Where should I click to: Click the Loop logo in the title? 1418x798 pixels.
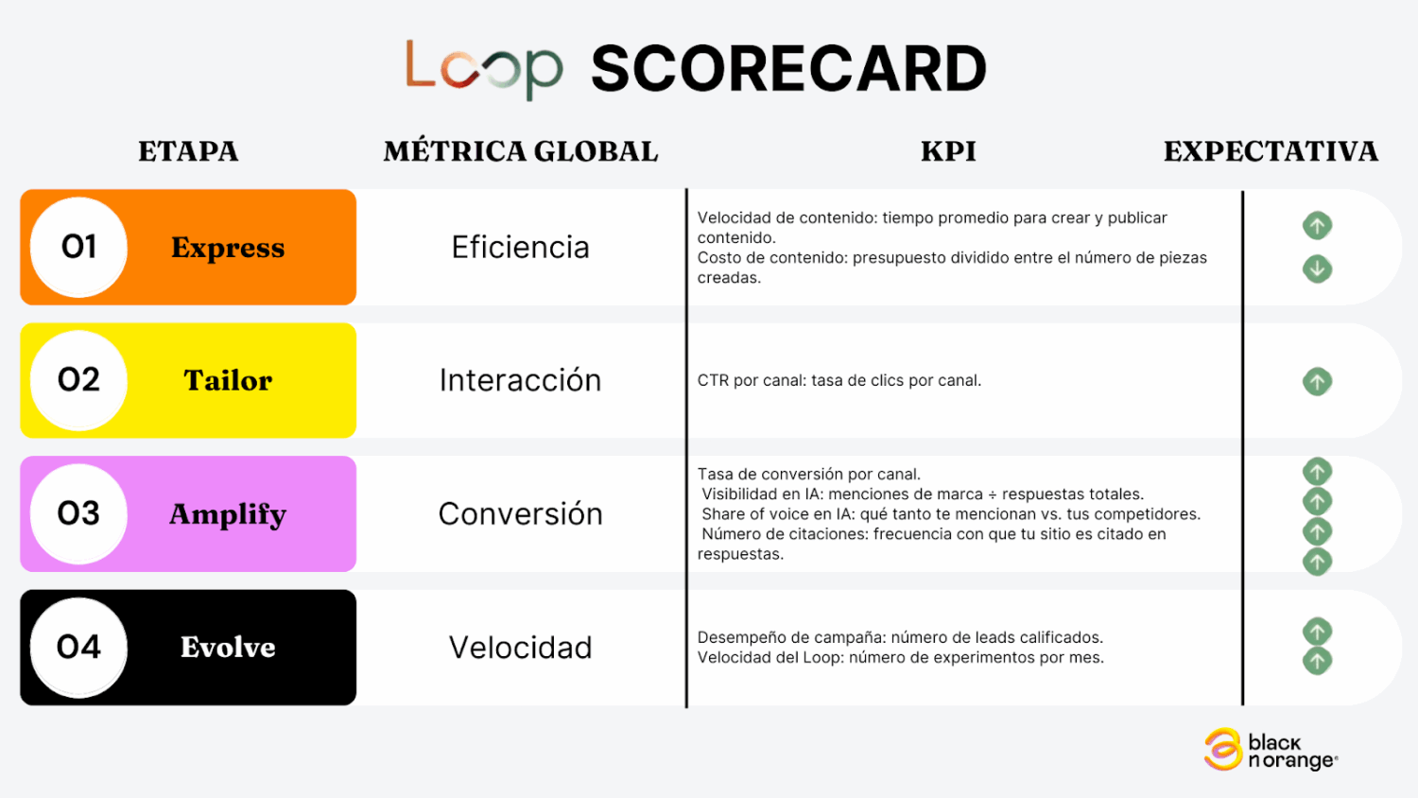pos(484,70)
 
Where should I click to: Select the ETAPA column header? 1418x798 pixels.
pos(189,151)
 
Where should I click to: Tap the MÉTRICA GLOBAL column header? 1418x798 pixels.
pos(520,151)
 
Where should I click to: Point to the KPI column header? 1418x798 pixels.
pos(948,151)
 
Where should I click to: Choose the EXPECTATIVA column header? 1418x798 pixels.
pos(1271,151)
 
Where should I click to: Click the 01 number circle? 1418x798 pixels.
pos(78,247)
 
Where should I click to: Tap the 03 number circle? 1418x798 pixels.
pos(78,513)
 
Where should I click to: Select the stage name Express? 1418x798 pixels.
pos(228,248)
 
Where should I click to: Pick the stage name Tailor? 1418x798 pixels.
pos(228,381)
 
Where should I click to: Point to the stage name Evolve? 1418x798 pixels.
pos(228,648)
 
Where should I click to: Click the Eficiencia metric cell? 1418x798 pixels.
pos(520,247)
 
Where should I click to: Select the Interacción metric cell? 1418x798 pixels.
pos(520,380)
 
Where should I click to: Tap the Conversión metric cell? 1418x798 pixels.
pos(520,513)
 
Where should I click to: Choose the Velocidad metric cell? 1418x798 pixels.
pos(520,648)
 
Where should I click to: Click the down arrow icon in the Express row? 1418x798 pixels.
pos(1318,269)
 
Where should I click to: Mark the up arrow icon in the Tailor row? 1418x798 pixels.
pos(1318,382)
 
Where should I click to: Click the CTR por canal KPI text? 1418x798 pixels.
pos(839,381)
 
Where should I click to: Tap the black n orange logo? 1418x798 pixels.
pos(1271,750)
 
